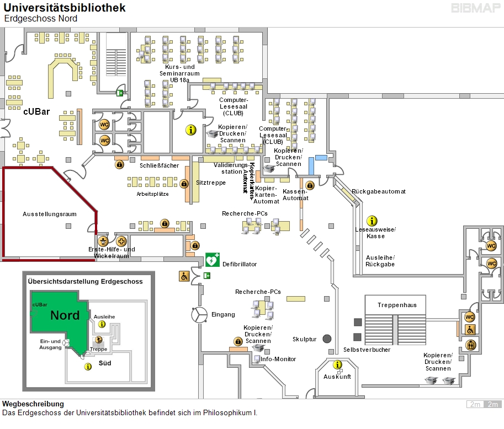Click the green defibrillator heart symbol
click(212, 260)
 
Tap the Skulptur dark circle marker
click(327, 339)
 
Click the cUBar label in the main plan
click(36, 112)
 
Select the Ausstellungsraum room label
click(50, 214)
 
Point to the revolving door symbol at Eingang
click(199, 315)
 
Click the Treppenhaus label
click(397, 305)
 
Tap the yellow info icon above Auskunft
click(337, 365)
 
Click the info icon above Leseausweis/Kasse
click(372, 221)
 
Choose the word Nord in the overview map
click(65, 315)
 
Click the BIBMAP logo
click(476, 8)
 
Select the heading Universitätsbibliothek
click(65, 8)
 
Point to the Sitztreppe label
click(211, 183)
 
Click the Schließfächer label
click(159, 165)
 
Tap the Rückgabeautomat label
click(379, 192)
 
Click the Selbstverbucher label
click(367, 350)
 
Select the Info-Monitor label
click(278, 359)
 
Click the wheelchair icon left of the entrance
click(184, 276)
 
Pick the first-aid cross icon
click(121, 241)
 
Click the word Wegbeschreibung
click(33, 404)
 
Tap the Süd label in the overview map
click(105, 363)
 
